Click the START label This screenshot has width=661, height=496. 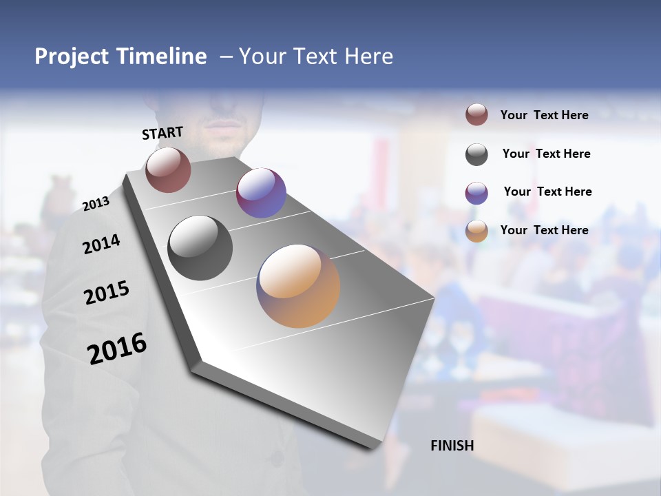coord(162,133)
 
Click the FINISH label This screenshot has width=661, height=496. coord(452,446)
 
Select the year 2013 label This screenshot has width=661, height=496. coord(96,204)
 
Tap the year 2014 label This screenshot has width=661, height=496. coord(101,244)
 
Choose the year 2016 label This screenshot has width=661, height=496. coord(117,348)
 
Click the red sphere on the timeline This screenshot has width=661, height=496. coord(168,169)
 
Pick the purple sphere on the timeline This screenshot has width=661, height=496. coord(261,193)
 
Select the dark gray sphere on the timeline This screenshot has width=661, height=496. coord(200,248)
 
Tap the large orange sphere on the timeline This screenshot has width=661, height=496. coord(298,286)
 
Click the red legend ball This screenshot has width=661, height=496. coord(476,115)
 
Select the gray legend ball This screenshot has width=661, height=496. coord(476,154)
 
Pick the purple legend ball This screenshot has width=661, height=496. coord(476,193)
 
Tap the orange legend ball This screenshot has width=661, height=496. coord(476,231)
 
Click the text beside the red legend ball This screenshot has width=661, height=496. coord(544,115)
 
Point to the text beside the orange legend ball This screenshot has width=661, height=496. coord(544,230)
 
